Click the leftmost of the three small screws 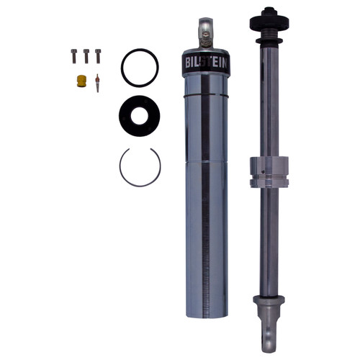click(73, 54)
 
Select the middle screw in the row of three click(86, 54)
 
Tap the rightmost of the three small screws click(98, 54)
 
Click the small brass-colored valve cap click(81, 81)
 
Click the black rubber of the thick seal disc click(127, 113)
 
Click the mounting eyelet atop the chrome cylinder click(207, 30)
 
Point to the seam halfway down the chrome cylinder click(206, 161)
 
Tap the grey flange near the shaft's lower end click(268, 300)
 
